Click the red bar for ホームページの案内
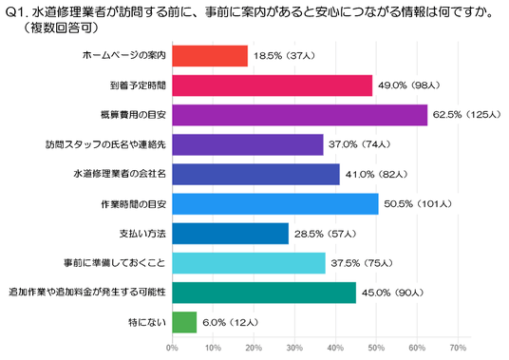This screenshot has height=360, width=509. click(210, 56)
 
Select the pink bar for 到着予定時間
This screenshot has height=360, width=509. click(273, 85)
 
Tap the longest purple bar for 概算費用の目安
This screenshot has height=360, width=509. click(300, 115)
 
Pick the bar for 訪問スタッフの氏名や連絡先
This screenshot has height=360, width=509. click(248, 144)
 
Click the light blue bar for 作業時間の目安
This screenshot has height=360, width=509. click(275, 204)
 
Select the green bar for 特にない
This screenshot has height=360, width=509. click(184, 322)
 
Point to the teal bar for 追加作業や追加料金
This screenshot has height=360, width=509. click(264, 293)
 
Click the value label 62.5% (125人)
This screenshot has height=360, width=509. click(467, 115)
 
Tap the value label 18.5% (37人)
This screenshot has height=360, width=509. click(284, 56)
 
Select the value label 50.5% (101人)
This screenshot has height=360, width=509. click(418, 204)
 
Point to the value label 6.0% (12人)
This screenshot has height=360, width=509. click(231, 322)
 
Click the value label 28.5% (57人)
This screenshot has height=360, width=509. click(326, 234)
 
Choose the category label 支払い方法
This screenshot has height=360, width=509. click(142, 234)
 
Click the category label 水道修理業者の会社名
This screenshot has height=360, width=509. click(120, 174)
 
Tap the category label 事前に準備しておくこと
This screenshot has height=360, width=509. click(115, 262)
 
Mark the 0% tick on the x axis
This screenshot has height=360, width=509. click(172, 348)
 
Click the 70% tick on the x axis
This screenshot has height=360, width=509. click(458, 348)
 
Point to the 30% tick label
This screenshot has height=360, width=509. click(294, 348)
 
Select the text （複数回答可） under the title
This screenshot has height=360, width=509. click(61, 28)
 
